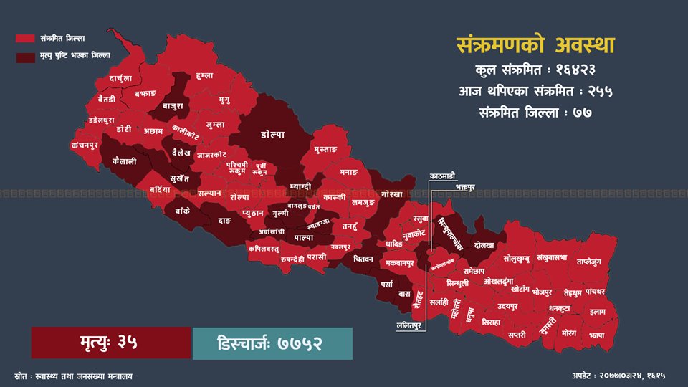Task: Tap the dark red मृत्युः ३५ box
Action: click(111, 343)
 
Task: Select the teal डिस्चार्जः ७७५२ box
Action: click(272, 343)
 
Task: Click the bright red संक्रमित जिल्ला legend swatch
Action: click(26, 37)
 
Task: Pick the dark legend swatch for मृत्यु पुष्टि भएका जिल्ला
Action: click(26, 55)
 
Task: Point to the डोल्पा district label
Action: click(273, 134)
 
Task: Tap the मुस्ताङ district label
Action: click(330, 150)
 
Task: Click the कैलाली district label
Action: click(125, 162)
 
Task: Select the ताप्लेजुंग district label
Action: click(593, 262)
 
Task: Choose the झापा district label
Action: click(597, 335)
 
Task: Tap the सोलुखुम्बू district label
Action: click(521, 259)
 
